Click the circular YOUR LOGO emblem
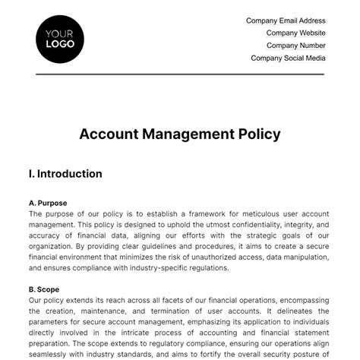pyautogui.click(x=60, y=38)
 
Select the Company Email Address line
pyautogui.click(x=286, y=21)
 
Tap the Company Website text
pyautogui.click(x=295, y=33)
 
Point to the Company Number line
pyautogui.click(x=295, y=46)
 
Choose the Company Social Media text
pyautogui.click(x=288, y=58)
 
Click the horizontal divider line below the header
pyautogui.click(x=180, y=74)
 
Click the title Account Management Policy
pyautogui.click(x=180, y=134)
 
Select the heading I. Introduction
pyautogui.click(x=65, y=174)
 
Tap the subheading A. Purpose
pyautogui.click(x=48, y=203)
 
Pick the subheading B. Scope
pyautogui.click(x=43, y=289)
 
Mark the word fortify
pyautogui.click(x=218, y=355)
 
